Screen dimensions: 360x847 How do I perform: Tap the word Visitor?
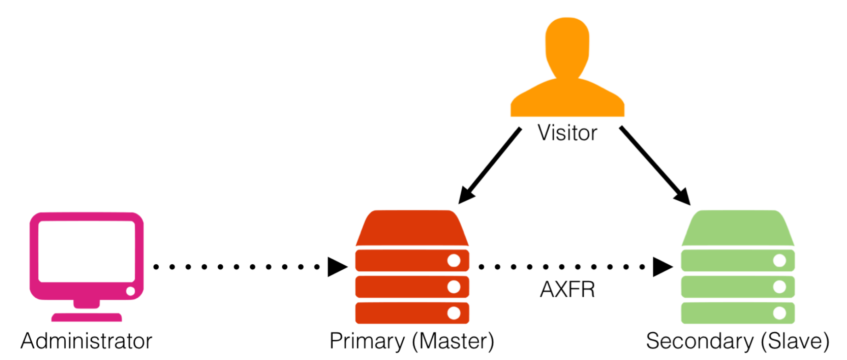click(567, 133)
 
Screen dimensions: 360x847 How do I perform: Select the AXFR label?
click(567, 290)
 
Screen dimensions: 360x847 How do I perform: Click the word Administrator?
click(87, 341)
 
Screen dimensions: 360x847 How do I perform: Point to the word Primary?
click(367, 341)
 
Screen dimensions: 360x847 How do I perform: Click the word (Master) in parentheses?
click(453, 341)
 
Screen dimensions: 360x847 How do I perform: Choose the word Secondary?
click(699, 341)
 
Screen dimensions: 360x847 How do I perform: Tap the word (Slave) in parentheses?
click(795, 341)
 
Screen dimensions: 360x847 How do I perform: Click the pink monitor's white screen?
click(87, 251)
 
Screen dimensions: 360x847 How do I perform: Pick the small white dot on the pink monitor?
click(131, 291)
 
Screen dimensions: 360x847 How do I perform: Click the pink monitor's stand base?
click(87, 317)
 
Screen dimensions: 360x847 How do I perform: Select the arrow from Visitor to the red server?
click(490, 166)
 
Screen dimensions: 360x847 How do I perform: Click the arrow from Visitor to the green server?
click(655, 166)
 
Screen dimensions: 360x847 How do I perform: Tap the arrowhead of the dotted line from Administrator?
click(337, 267)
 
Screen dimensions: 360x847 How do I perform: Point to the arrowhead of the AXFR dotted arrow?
click(662, 267)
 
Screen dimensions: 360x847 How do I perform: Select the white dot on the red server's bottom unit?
click(454, 313)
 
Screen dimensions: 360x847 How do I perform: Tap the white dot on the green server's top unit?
click(779, 261)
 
